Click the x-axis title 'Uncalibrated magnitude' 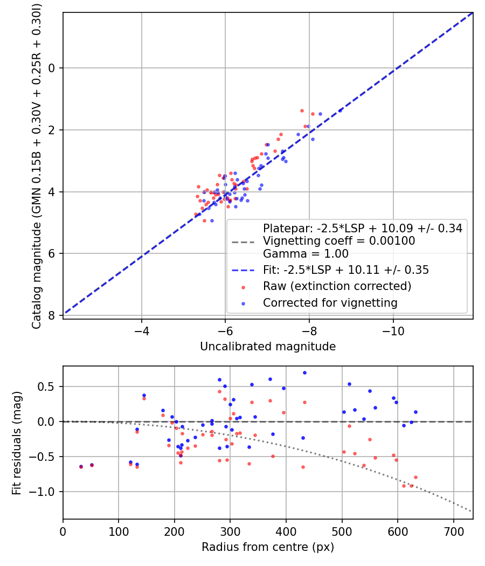click(x=268, y=347)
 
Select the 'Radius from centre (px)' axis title click(x=268, y=547)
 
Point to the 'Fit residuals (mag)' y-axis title click(x=17, y=443)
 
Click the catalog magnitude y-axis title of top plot click(x=36, y=165)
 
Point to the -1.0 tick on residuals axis click(x=44, y=492)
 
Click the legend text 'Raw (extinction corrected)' click(x=337, y=286)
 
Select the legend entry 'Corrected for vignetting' click(x=330, y=303)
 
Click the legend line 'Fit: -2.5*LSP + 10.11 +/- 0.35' click(x=345, y=270)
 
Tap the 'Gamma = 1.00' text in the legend click(x=306, y=254)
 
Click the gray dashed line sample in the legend click(x=243, y=241)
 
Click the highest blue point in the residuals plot click(x=304, y=372)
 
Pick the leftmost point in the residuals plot click(x=81, y=466)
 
